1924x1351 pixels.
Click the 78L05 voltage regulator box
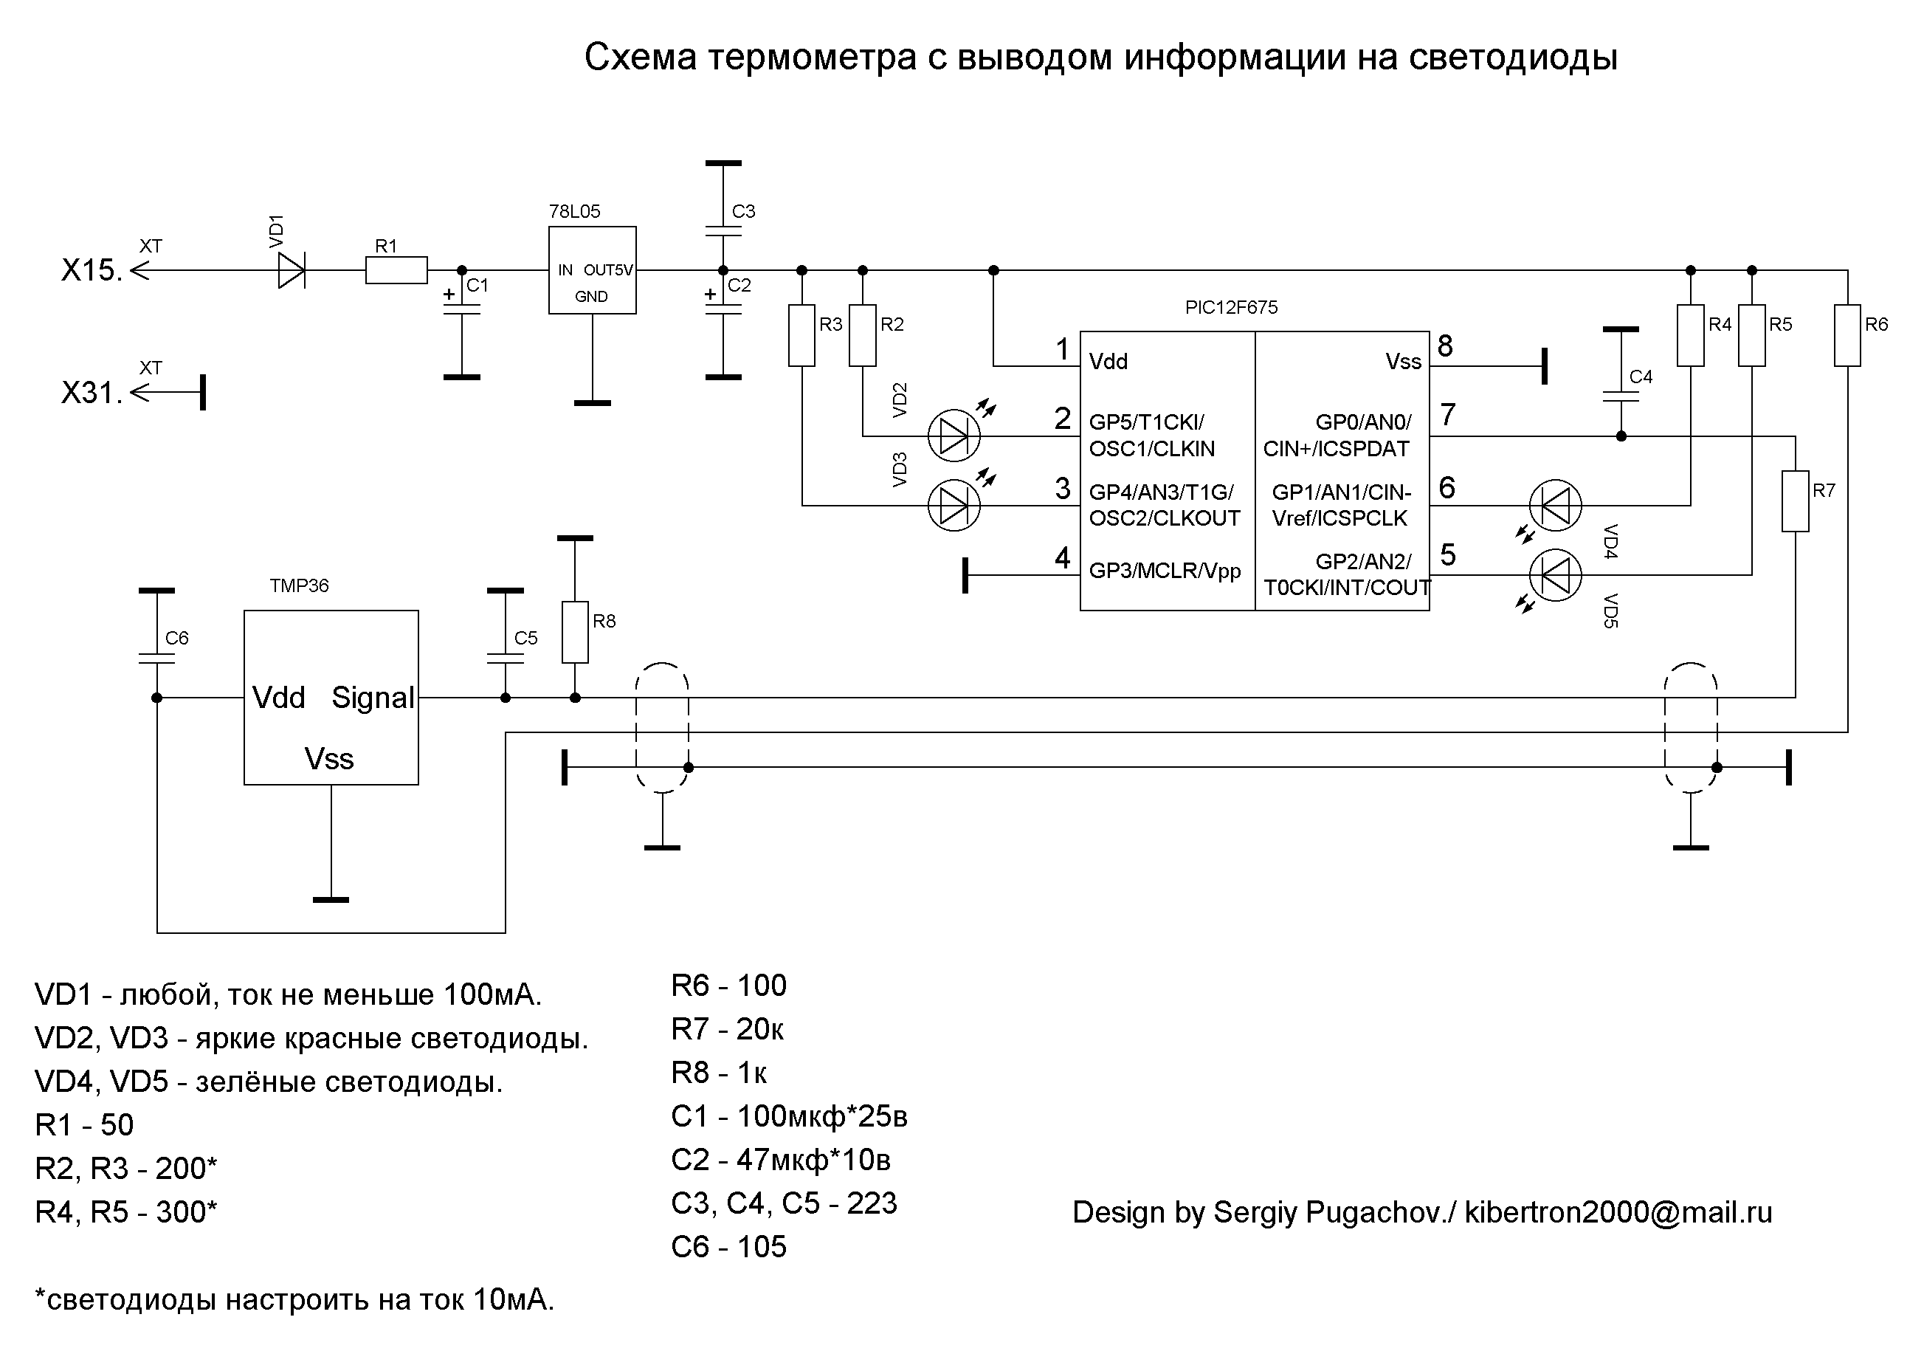[x=592, y=270]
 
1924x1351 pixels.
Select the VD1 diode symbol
[x=292, y=270]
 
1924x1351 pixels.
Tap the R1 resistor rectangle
[x=396, y=270]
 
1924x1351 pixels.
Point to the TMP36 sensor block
[x=331, y=698]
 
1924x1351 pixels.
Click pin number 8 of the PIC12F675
[x=1445, y=346]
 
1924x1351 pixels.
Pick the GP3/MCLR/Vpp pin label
[x=1164, y=571]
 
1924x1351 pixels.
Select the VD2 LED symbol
[x=954, y=436]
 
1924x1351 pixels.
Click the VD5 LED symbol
[x=1555, y=575]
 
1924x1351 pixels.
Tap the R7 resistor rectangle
[x=1795, y=501]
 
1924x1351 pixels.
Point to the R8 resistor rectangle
[x=575, y=632]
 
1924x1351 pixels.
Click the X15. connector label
[x=92, y=271]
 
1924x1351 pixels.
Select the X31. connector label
[x=92, y=393]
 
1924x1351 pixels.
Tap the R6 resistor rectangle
[x=1847, y=335]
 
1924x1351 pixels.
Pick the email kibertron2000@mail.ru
[x=1617, y=1213]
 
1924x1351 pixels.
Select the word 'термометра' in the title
[x=812, y=58]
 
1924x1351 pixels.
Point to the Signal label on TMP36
[x=373, y=698]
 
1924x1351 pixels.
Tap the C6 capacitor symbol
[x=156, y=659]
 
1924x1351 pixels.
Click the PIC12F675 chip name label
[x=1230, y=308]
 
